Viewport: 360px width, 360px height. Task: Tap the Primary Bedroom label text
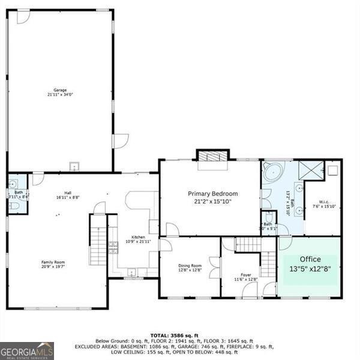(x=213, y=194)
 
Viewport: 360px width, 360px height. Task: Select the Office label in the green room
(x=311, y=259)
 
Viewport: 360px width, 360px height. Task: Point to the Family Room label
(x=53, y=262)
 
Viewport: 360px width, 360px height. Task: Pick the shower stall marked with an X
(x=311, y=170)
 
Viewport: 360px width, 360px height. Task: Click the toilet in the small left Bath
(x=15, y=206)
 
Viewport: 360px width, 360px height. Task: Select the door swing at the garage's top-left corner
(x=23, y=17)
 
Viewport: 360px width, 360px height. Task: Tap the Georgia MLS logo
(x=27, y=350)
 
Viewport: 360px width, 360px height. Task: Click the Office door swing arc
(x=284, y=242)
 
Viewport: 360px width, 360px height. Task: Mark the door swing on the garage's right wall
(x=120, y=141)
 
